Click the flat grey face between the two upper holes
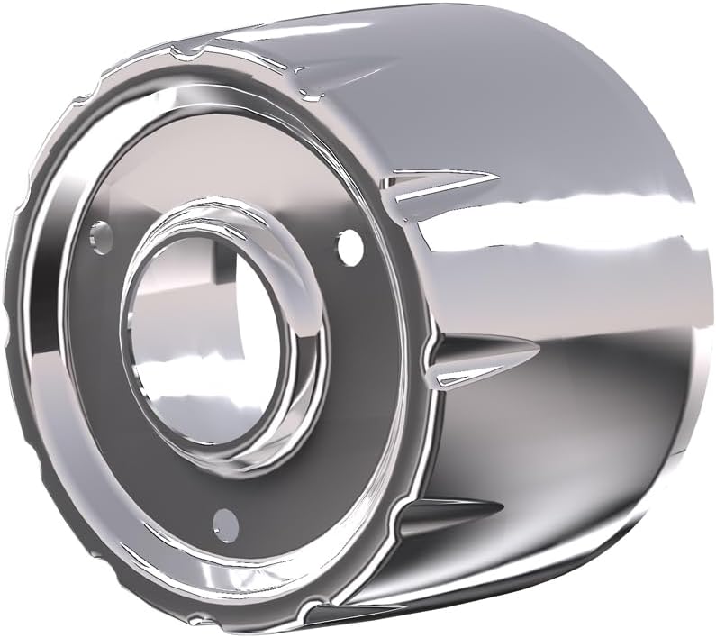[225, 180]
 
